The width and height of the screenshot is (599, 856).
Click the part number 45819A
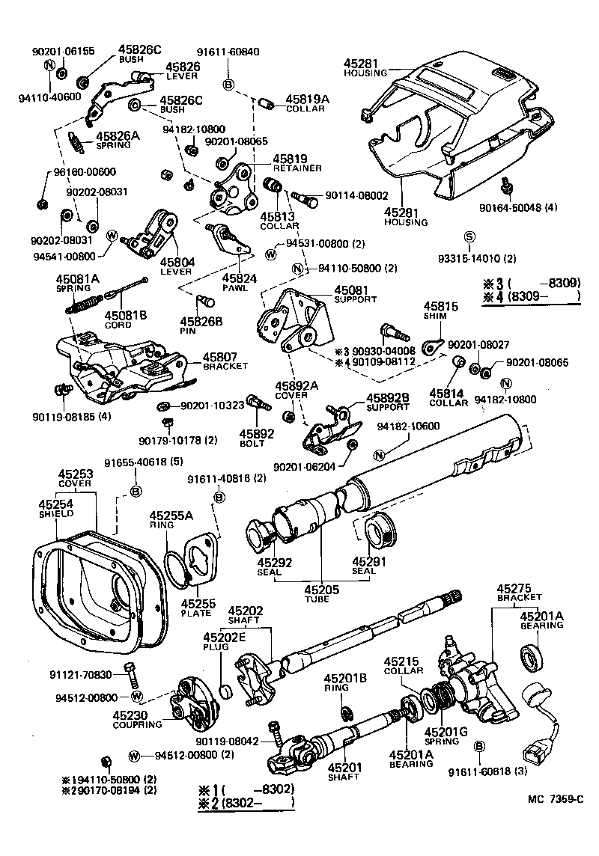pos(307,98)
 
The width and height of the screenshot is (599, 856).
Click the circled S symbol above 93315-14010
pos(469,237)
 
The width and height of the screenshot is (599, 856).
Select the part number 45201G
pos(446,733)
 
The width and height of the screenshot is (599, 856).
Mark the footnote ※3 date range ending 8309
pos(532,284)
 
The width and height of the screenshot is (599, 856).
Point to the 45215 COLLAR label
pos(404,666)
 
